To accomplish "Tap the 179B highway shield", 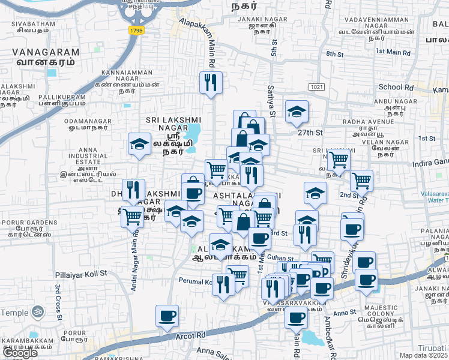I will (x=136, y=29).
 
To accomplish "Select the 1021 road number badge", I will (x=318, y=88).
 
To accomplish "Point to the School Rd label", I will (x=396, y=87).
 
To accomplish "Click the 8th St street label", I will (x=334, y=54).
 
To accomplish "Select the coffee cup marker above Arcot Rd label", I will (x=167, y=315).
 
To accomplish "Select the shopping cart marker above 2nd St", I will (x=361, y=179).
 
